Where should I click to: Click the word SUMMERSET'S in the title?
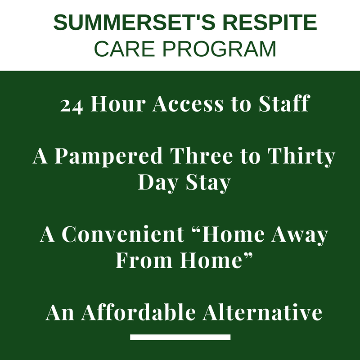(134, 22)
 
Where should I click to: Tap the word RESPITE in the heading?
(270, 22)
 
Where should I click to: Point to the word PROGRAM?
(219, 49)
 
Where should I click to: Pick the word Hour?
(118, 103)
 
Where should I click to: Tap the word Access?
(188, 104)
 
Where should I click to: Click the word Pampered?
(108, 157)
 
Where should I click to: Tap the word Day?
(158, 183)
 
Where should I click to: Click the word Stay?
(208, 183)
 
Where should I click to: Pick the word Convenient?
(123, 234)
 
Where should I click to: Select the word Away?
(300, 235)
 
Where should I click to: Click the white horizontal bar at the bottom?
(180, 337)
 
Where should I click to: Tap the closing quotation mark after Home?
(248, 255)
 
